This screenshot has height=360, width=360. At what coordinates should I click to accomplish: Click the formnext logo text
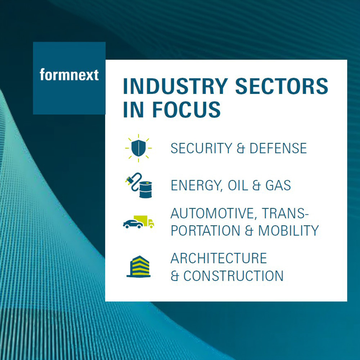coord(69,75)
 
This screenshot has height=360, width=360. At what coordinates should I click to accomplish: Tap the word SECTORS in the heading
coord(282,86)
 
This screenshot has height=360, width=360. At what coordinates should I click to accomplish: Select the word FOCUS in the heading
coord(186,109)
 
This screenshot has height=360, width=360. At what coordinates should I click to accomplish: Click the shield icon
coord(139,148)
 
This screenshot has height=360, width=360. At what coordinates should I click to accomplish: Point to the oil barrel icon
coord(145,189)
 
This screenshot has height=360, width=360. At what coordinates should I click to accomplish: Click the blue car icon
coord(133,224)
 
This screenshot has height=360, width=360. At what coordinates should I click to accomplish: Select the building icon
coord(139,266)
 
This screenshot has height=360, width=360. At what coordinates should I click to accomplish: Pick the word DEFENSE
coord(278,148)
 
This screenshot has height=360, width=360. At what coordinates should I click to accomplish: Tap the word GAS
coord(278,185)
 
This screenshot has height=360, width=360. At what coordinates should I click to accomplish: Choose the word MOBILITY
coord(289,230)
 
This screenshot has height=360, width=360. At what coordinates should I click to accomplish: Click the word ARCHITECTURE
coord(219,258)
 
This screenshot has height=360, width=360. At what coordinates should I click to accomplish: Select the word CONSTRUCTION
coord(234,276)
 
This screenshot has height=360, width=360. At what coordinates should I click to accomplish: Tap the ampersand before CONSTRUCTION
coord(175,276)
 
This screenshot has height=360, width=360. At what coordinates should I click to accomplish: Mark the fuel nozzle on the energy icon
coord(130,180)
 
